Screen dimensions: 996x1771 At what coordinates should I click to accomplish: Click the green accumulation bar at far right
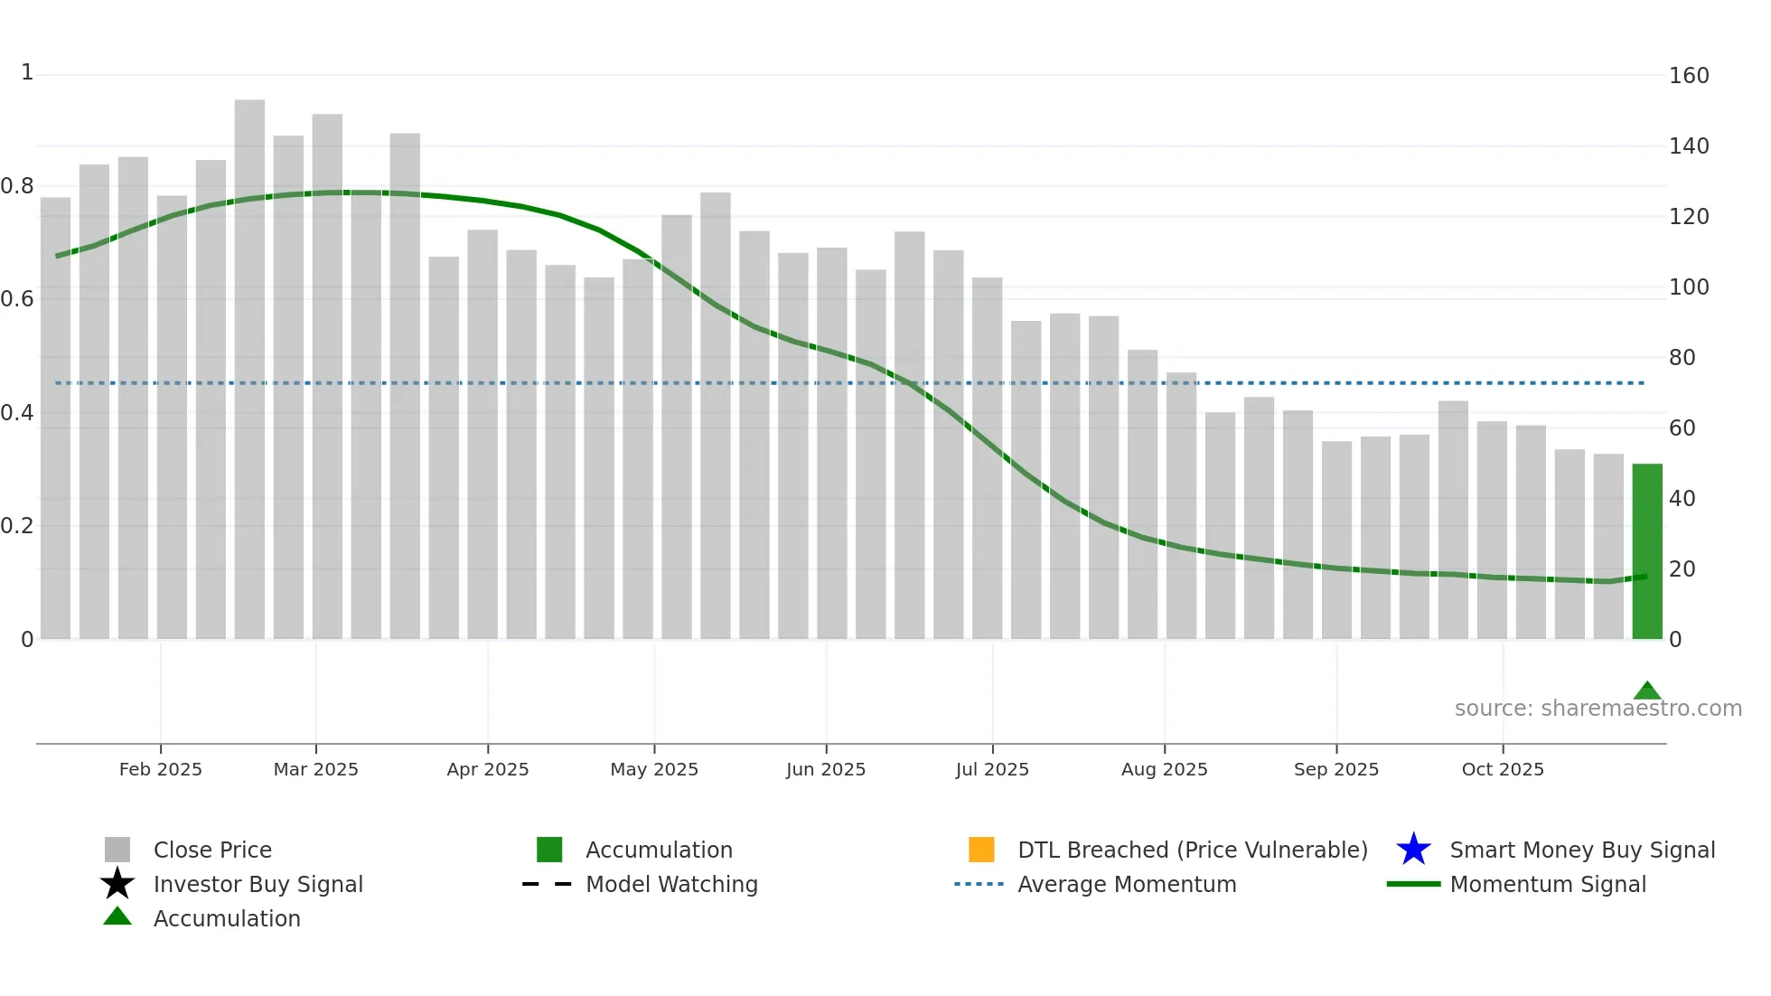1646,551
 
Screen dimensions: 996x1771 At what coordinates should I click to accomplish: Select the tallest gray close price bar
249,371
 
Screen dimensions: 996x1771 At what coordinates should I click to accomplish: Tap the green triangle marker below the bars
1647,691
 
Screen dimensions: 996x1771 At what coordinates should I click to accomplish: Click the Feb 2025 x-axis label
161,769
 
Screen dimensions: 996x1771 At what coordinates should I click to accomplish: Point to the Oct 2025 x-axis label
1503,769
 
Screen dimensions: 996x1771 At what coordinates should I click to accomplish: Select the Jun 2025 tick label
826,769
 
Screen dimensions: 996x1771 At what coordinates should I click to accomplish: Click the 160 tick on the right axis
1689,76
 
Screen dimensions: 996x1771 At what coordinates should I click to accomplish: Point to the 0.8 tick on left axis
18,186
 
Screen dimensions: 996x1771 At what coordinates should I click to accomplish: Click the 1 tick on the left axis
27,72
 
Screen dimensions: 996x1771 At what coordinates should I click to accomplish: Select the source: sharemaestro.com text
1598,709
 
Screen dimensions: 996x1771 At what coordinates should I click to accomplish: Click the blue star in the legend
1413,850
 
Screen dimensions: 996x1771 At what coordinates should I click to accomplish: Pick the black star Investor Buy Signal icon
117,884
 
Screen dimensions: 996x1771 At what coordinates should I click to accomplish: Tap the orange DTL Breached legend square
981,850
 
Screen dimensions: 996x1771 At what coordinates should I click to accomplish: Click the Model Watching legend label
671,884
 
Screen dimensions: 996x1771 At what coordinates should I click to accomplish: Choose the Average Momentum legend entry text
1127,884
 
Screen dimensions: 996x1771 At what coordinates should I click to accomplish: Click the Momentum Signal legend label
1548,884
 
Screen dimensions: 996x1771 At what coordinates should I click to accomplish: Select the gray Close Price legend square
117,850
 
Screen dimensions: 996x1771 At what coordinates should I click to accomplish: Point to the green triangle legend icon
117,917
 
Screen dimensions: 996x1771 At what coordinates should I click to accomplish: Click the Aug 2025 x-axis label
1164,769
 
